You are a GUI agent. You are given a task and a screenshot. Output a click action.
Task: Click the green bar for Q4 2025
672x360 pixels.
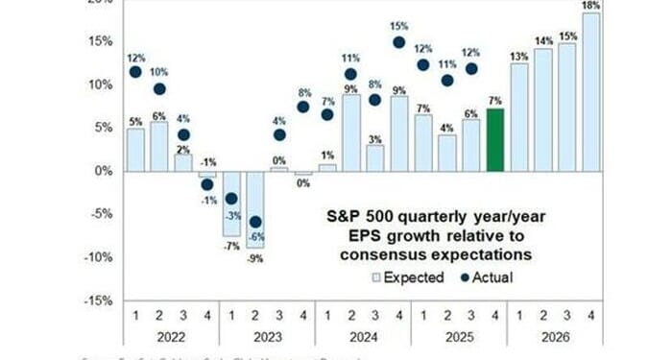495,140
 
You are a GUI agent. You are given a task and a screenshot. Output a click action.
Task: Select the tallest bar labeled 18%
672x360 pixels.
591,92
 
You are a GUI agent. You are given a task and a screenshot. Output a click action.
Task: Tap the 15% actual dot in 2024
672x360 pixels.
399,42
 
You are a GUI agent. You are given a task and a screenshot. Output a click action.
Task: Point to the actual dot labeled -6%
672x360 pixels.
255,222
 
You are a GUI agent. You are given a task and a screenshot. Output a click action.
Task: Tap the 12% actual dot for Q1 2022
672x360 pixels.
135,72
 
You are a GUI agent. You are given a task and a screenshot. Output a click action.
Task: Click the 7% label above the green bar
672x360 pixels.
495,100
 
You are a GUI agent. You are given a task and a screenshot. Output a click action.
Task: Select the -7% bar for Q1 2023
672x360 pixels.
231,204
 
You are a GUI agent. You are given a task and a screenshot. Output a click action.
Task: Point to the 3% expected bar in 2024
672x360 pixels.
375,158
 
